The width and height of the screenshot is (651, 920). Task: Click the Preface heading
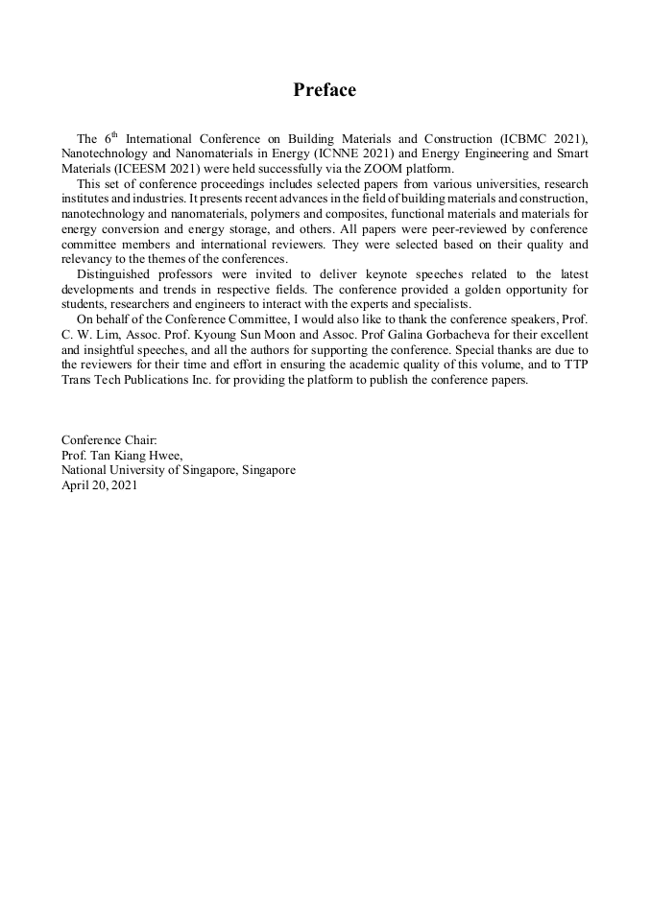325,90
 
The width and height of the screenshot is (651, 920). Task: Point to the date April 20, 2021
100,485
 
